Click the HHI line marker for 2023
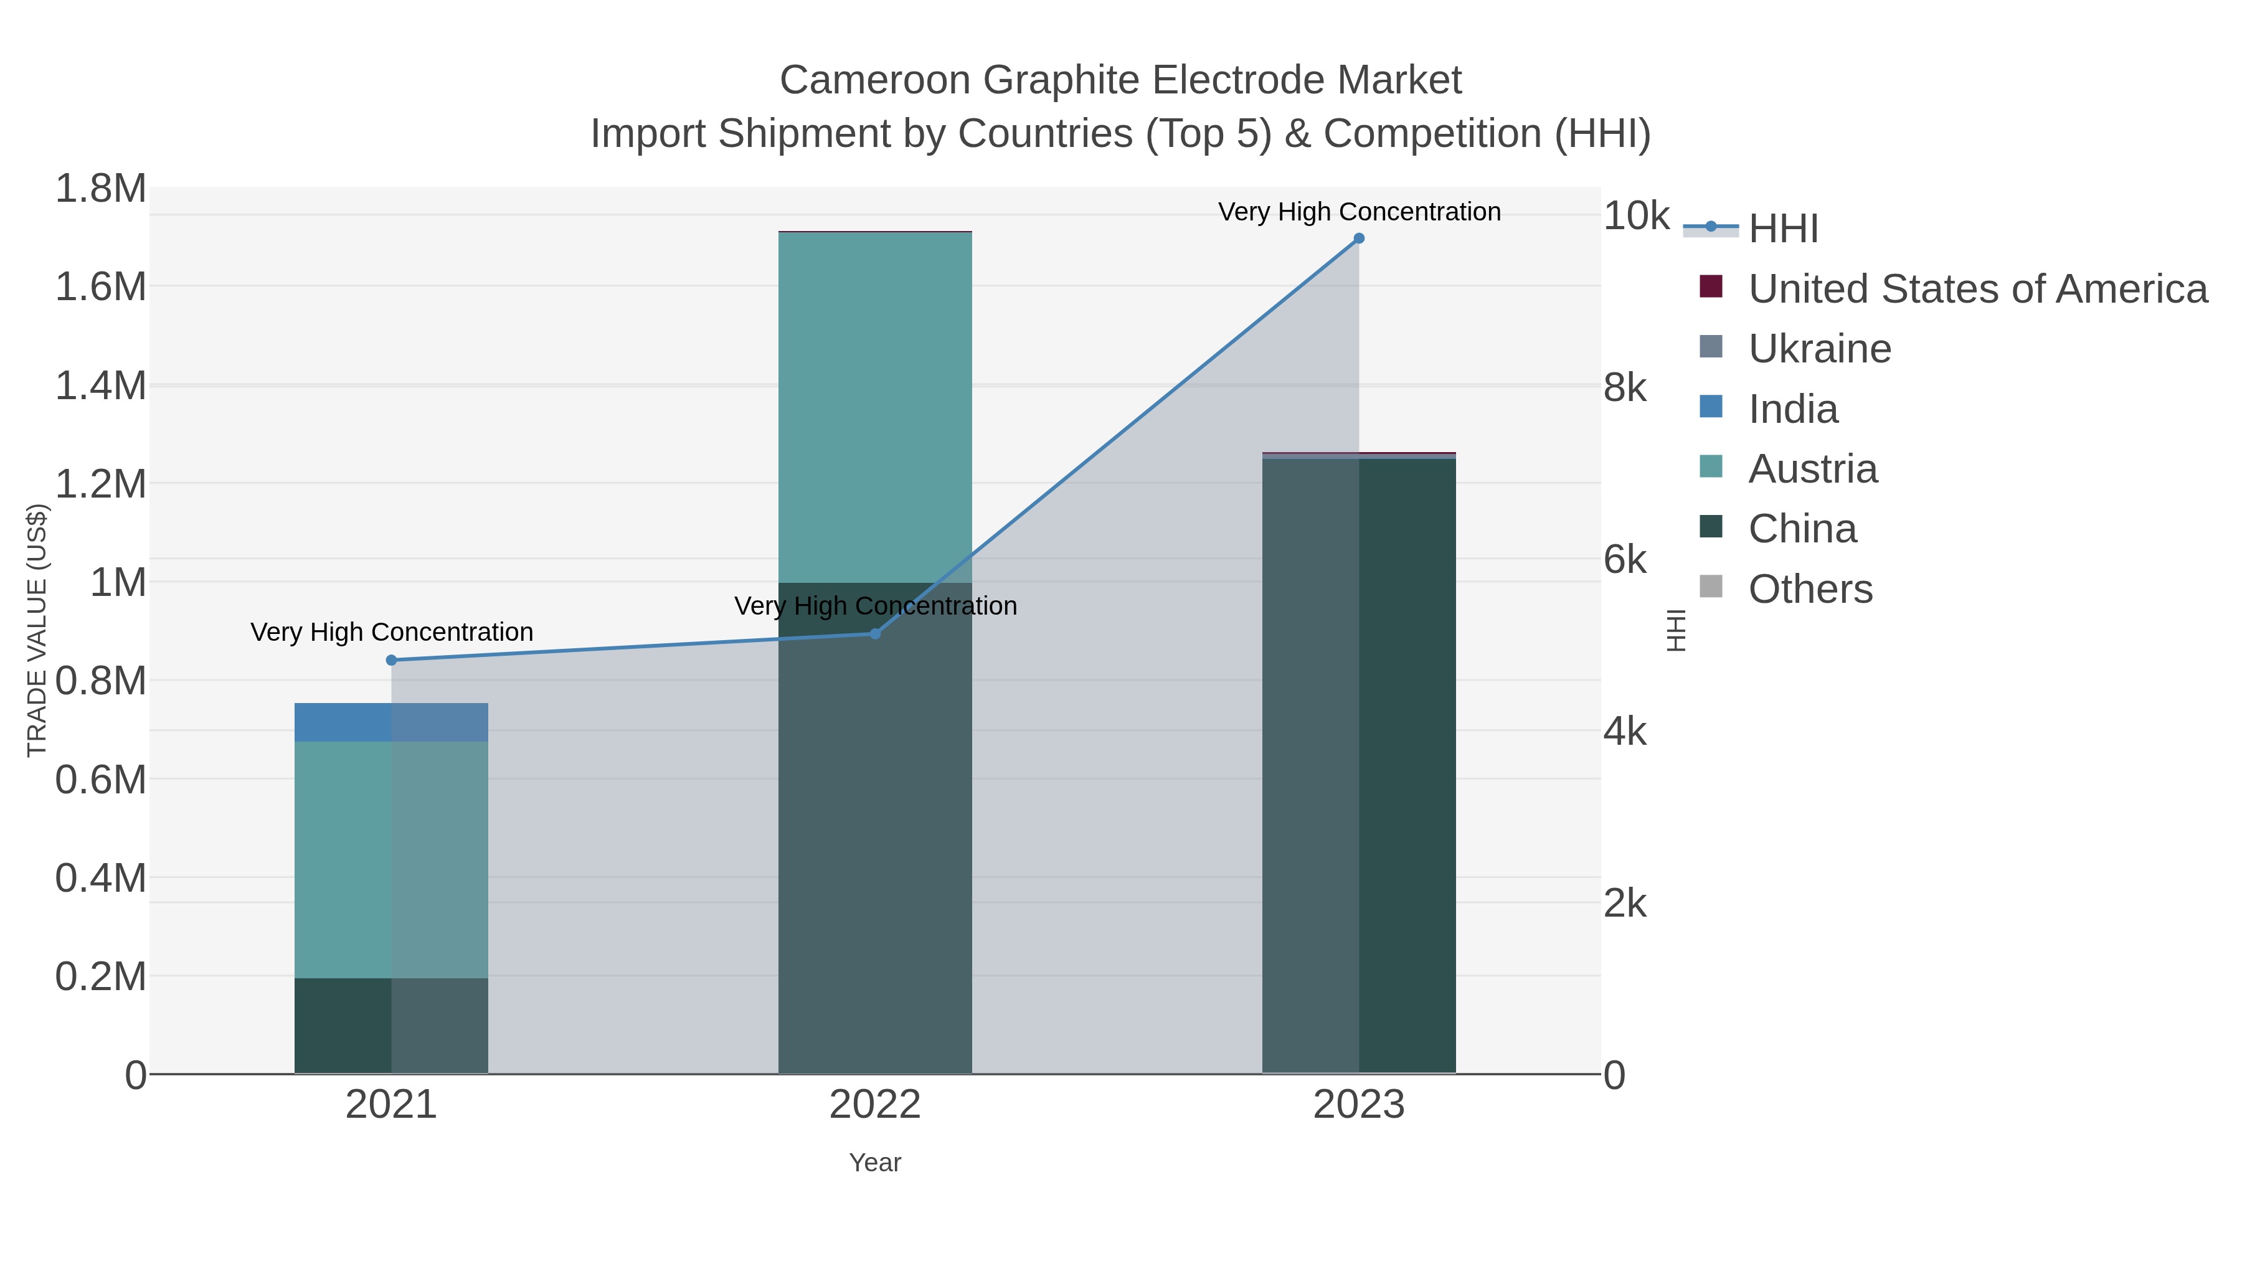1359,239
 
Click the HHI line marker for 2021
392,661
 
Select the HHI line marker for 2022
876,635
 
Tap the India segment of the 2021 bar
392,722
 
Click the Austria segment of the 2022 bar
876,407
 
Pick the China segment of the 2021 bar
392,1026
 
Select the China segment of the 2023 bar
1359,766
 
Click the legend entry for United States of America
1977,289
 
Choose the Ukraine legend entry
1819,349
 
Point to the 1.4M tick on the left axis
101,385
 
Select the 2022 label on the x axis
875,1105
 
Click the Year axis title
875,1163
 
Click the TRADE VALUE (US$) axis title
37,630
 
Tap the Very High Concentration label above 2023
1359,212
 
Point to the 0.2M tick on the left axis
101,976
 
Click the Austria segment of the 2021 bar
392,860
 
